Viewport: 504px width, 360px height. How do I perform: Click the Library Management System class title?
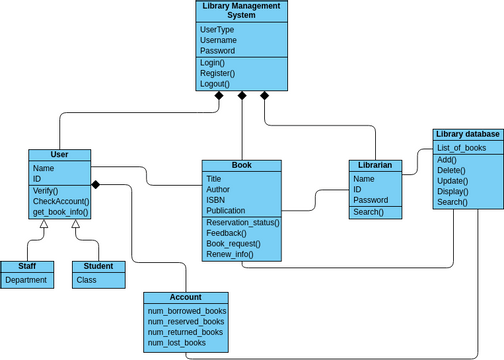point(241,11)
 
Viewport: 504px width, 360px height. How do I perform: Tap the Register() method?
point(217,73)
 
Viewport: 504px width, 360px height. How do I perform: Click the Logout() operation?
point(215,84)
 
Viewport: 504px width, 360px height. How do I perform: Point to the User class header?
point(59,155)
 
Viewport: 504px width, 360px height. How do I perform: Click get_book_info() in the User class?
point(60,212)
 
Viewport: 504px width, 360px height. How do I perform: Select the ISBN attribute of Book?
point(216,200)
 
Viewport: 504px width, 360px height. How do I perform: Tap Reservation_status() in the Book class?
point(242,222)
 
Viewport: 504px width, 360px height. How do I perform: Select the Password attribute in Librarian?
point(370,200)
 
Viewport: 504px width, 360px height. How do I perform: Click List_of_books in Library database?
point(461,148)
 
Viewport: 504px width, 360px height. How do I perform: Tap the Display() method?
point(452,191)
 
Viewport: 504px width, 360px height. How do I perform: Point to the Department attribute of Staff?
point(26,280)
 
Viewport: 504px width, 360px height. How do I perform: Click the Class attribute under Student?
point(86,280)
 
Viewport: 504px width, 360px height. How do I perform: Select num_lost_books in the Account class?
point(176,343)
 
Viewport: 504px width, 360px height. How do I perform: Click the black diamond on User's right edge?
point(96,185)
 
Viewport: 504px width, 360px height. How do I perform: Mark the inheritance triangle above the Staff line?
point(43,225)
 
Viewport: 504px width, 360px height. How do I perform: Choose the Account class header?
point(186,298)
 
